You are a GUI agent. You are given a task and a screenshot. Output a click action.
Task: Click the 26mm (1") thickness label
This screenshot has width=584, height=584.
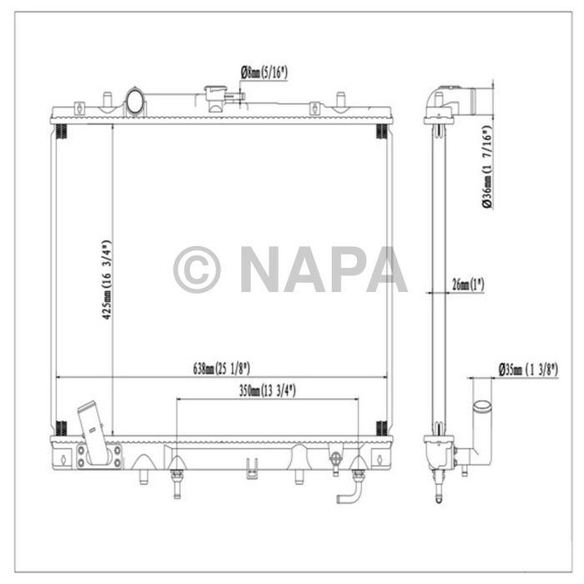(467, 284)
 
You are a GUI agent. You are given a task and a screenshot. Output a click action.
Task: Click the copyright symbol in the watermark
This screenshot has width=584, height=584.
(197, 269)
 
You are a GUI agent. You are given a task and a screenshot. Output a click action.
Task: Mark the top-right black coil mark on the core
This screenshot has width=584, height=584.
(381, 131)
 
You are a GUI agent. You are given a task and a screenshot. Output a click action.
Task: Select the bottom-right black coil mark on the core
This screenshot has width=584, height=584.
(381, 428)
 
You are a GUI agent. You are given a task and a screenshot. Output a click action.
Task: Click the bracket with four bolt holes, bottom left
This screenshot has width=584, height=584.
(97, 456)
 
